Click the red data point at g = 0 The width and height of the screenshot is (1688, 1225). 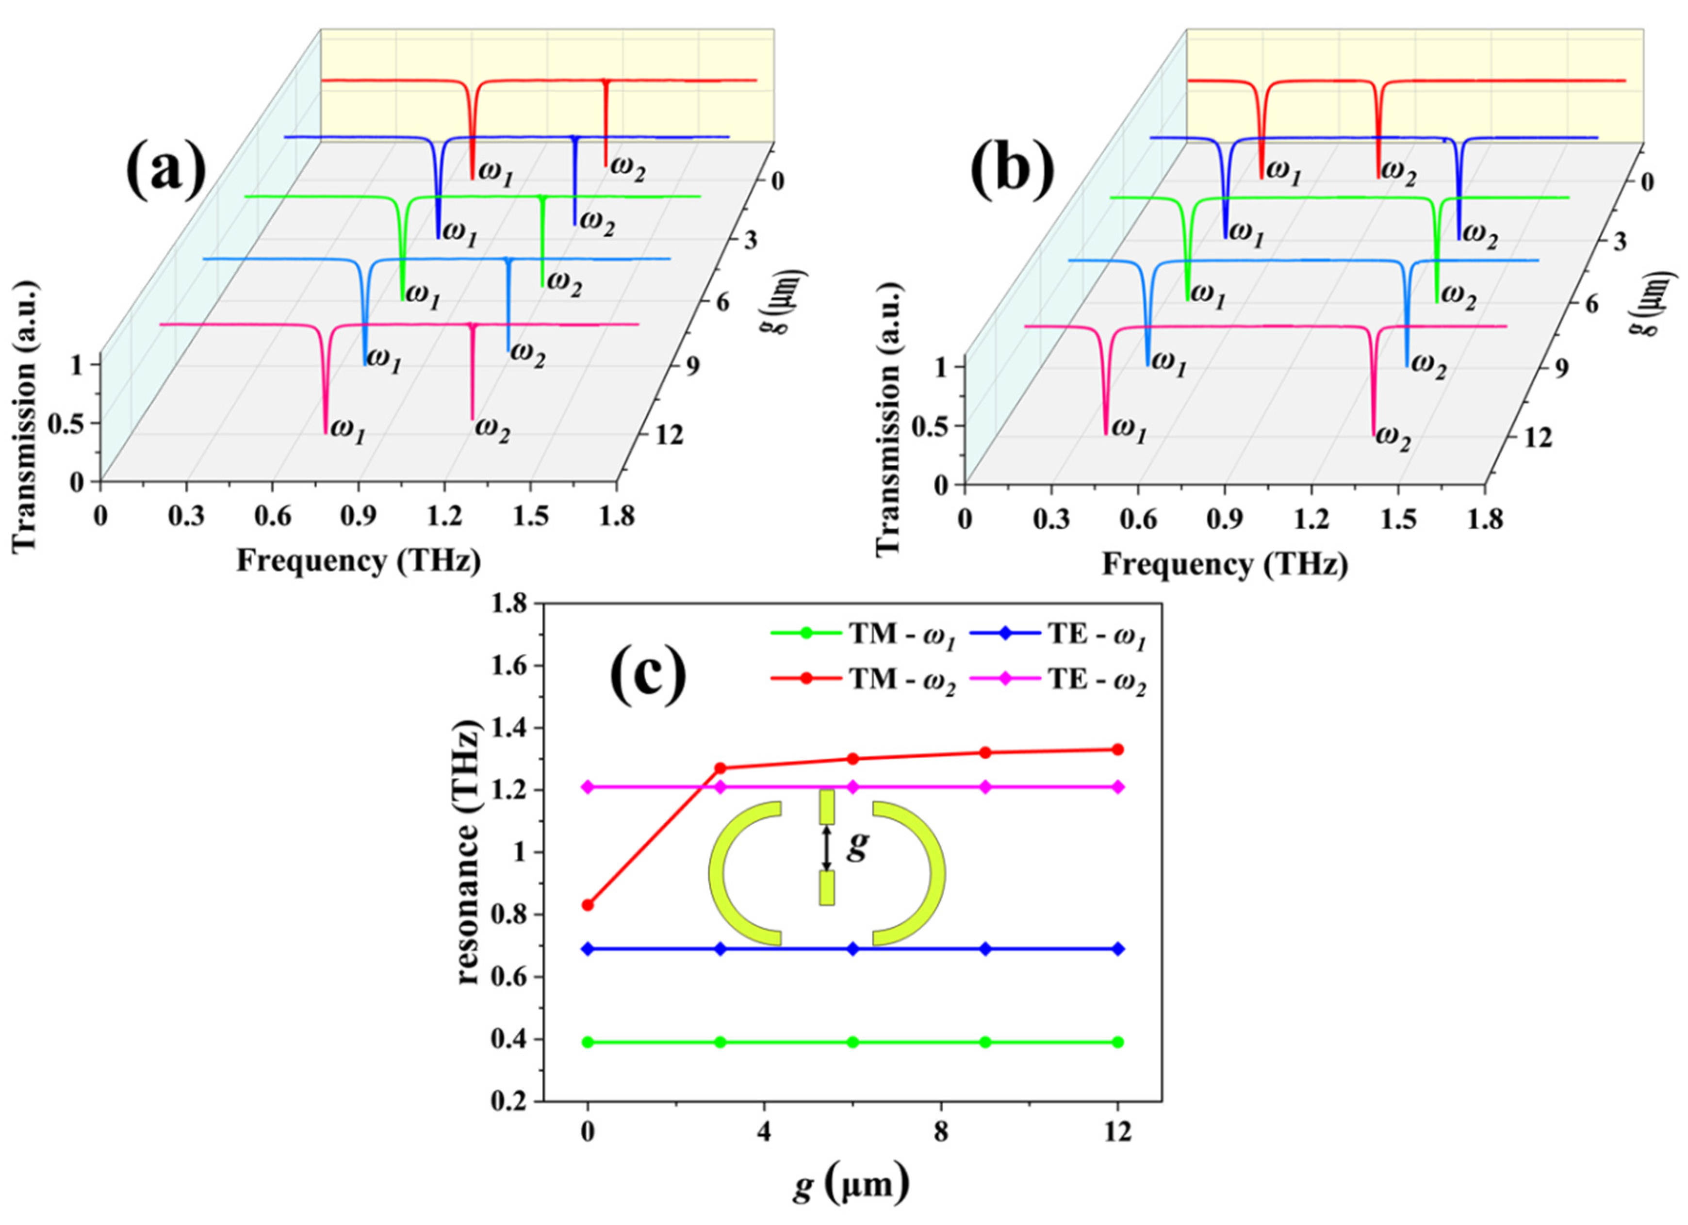tap(588, 905)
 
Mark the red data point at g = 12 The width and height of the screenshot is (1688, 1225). tap(1117, 750)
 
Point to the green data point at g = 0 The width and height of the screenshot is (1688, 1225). tap(588, 1042)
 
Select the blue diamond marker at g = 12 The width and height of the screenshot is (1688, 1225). tap(1117, 949)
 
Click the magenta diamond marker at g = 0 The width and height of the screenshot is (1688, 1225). tap(588, 786)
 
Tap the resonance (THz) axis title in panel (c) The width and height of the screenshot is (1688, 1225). tap(467, 852)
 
